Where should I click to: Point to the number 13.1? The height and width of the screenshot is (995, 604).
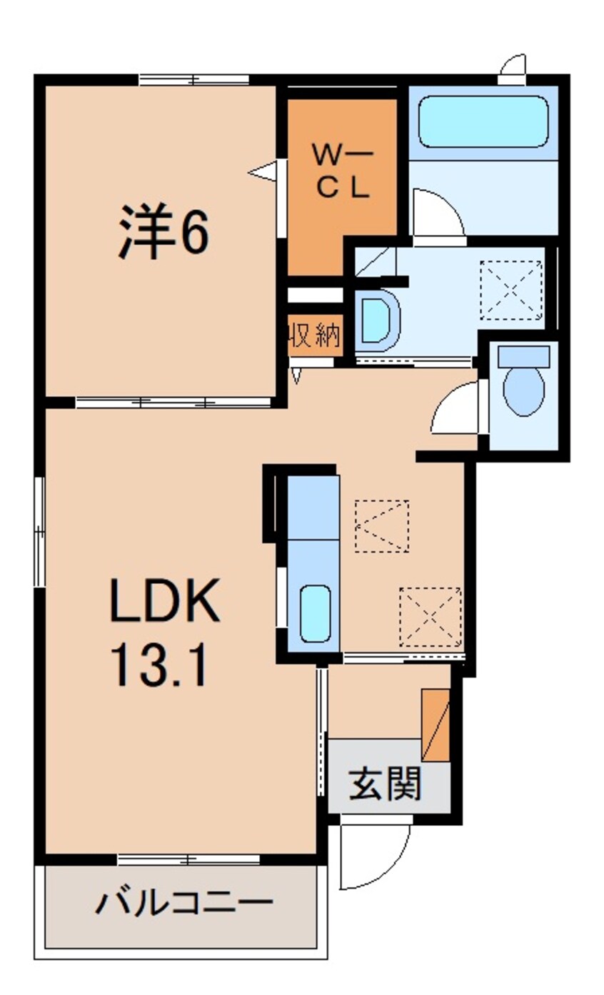pyautogui.click(x=158, y=667)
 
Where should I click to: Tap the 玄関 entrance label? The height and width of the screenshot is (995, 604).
pyautogui.click(x=385, y=785)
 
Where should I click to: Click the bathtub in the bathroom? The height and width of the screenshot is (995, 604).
pyautogui.click(x=483, y=122)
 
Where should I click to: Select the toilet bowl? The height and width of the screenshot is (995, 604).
pyautogui.click(x=523, y=389)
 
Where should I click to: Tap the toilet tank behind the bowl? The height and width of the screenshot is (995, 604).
pyautogui.click(x=524, y=355)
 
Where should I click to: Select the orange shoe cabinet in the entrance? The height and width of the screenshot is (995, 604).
pyautogui.click(x=435, y=725)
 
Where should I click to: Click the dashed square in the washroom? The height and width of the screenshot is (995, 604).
pyautogui.click(x=510, y=290)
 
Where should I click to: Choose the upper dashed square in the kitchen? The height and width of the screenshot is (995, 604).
pyautogui.click(x=382, y=525)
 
